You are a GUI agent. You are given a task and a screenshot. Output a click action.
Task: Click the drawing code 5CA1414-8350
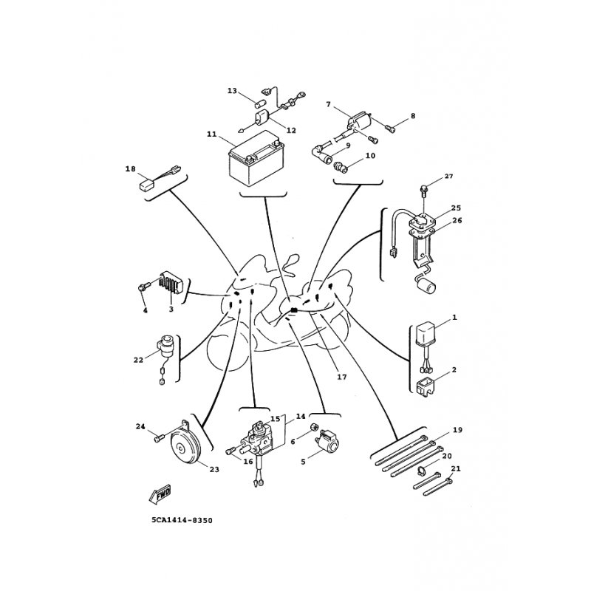click(x=182, y=521)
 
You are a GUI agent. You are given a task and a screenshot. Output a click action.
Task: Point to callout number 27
click(x=448, y=177)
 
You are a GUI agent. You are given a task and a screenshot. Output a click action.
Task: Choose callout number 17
click(x=341, y=377)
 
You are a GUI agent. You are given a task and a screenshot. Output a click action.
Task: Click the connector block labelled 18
click(x=146, y=184)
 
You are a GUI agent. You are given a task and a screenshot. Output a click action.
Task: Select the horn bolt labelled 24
click(x=160, y=438)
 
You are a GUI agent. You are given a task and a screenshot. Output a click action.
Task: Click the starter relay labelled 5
click(x=327, y=442)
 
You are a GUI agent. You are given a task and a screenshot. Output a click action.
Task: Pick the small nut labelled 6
click(x=314, y=426)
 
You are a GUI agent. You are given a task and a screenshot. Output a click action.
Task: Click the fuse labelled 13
click(x=260, y=103)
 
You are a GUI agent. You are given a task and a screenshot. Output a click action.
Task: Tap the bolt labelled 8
click(x=391, y=129)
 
